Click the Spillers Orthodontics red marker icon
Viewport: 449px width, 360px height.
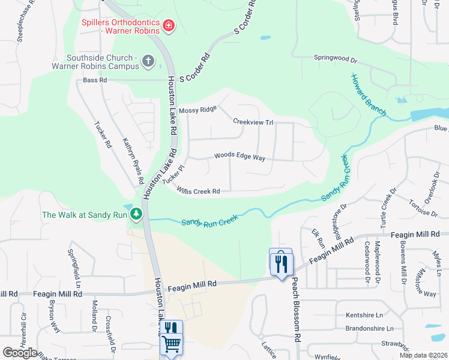169,25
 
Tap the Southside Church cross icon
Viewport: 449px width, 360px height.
148,61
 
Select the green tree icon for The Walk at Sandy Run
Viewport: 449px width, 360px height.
137,214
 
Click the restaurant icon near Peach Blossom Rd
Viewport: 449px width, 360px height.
281,262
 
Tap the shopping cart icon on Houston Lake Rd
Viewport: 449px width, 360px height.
171,344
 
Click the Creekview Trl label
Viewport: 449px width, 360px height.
253,122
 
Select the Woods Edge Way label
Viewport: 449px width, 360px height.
240,157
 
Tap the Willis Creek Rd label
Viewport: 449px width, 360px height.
198,191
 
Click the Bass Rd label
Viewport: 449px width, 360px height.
95,80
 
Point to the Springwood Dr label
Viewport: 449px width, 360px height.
336,59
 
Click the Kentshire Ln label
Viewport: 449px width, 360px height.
364,315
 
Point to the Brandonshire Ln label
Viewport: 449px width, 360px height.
369,329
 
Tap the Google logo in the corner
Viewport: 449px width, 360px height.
20,353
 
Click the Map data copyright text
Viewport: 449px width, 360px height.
423,355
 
